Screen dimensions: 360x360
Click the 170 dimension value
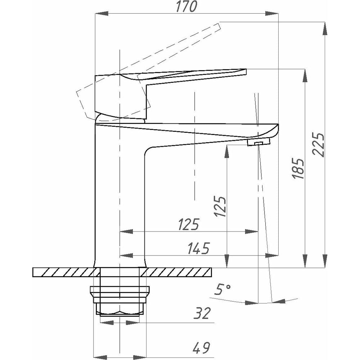click(186, 6)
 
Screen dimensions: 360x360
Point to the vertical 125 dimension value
click(220, 206)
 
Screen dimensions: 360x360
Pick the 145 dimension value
click(199, 248)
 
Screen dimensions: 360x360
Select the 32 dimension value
click(202, 314)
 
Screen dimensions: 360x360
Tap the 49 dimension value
click(201, 348)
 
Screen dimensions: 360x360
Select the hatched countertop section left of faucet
click(63, 272)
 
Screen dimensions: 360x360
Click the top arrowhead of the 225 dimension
click(325, 28)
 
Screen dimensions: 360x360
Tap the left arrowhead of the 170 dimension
click(102, 13)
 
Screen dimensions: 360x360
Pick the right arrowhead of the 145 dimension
click(272, 255)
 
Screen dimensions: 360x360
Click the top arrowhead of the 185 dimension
click(305, 76)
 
